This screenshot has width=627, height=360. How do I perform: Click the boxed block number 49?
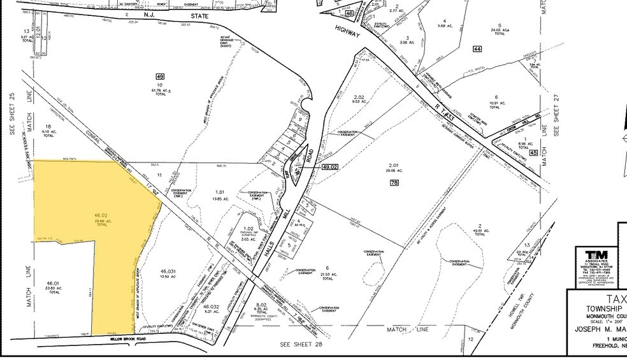[x=160, y=76]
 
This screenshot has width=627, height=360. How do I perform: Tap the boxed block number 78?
[x=394, y=183]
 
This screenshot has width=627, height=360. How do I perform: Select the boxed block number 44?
[x=477, y=49]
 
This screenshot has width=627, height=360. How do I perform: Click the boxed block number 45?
[x=533, y=153]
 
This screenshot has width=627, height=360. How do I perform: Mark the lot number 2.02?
[x=358, y=96]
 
